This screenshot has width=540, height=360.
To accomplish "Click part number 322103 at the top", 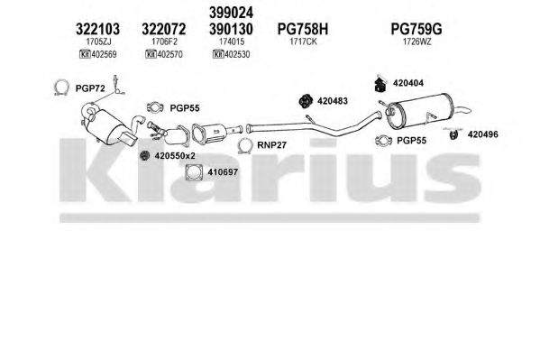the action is tap(97, 29).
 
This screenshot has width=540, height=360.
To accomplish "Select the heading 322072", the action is tap(163, 29).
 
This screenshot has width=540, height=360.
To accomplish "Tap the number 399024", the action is tap(231, 13).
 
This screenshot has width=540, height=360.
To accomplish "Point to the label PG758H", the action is tap(303, 29).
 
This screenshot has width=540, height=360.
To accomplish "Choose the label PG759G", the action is tap(416, 29).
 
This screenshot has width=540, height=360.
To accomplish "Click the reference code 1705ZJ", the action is tap(98, 42).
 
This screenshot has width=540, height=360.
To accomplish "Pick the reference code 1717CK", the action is tap(303, 42).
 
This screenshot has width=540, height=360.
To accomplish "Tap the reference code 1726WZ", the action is tap(417, 42).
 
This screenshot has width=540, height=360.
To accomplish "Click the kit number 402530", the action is tap(236, 54).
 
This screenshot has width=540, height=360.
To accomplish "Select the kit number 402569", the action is tap(104, 54).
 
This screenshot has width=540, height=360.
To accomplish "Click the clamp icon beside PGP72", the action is tap(61, 88).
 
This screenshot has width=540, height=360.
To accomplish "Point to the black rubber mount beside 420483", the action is tap(305, 101).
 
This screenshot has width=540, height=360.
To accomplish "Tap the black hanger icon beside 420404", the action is tap(380, 84).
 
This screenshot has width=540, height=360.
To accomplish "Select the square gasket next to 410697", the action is tap(194, 172).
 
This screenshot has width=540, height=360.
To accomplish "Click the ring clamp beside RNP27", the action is tap(245, 145).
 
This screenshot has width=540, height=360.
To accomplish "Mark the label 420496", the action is tap(483, 134).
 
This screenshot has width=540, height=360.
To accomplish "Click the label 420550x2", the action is tap(175, 156).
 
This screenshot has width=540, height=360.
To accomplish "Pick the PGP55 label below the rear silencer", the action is tap(412, 141).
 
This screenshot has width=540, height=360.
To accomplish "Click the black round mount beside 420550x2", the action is tap(144, 156).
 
